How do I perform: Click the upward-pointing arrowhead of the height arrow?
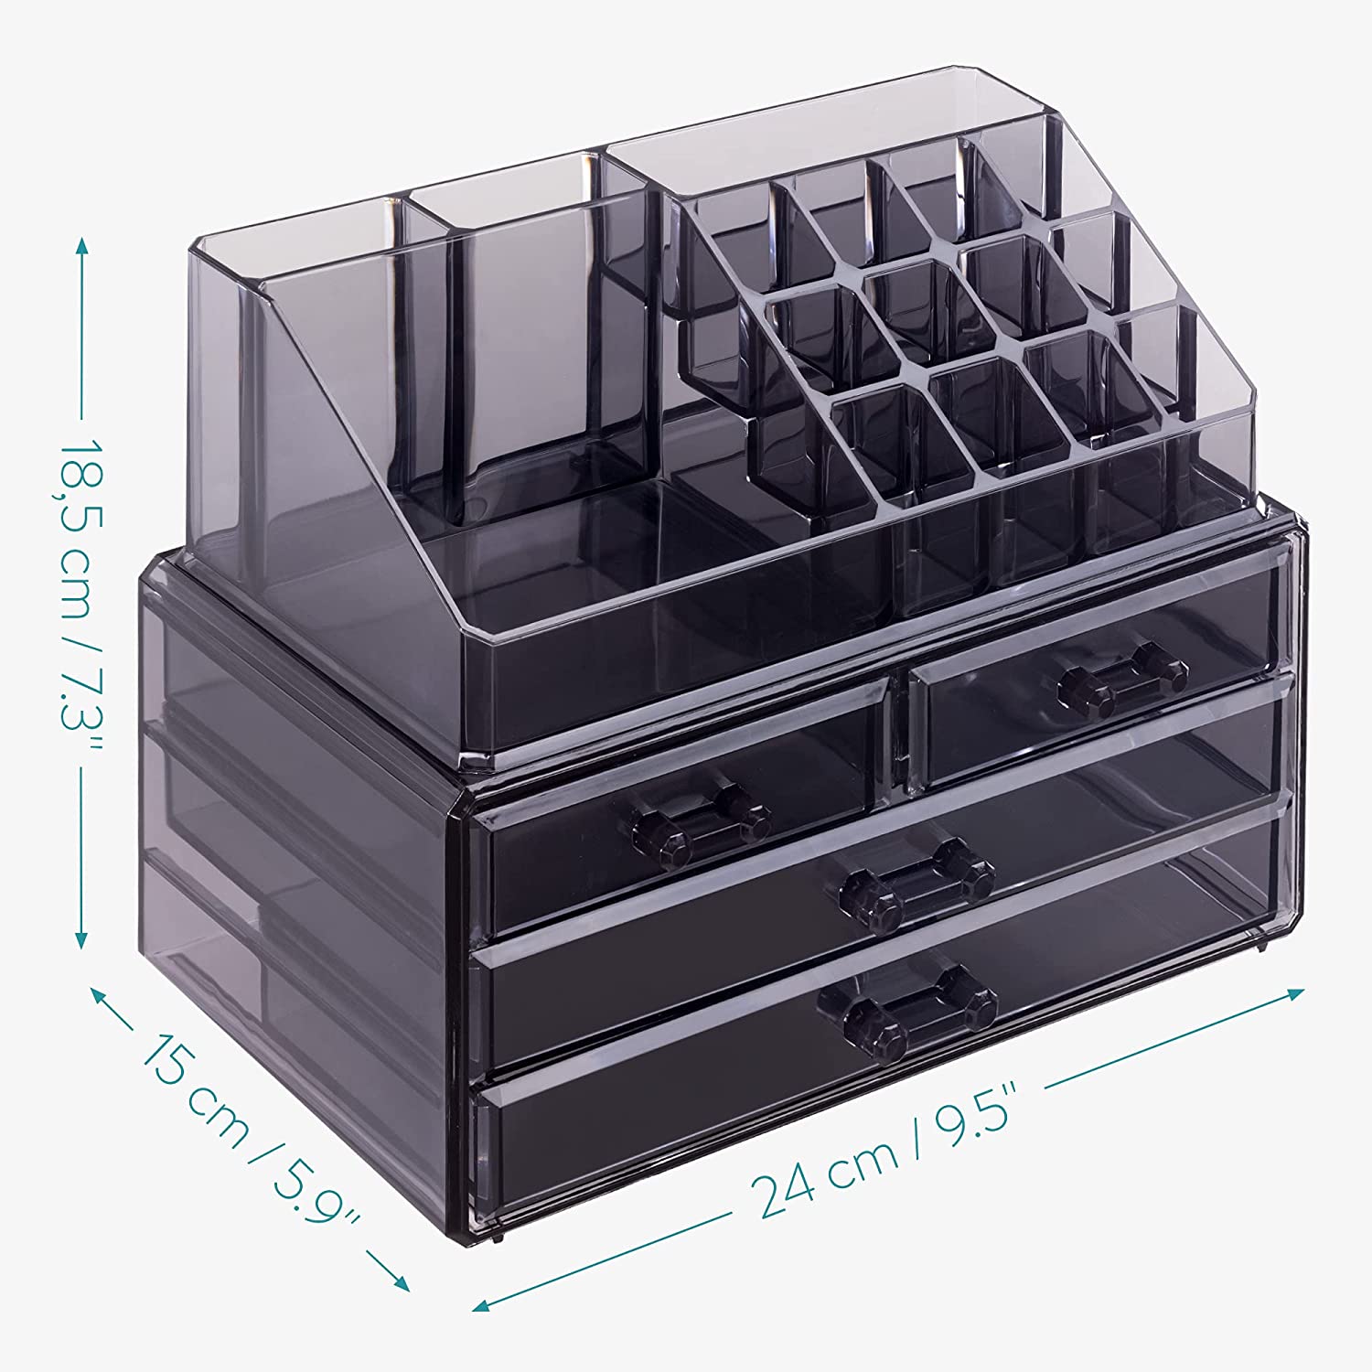(82, 245)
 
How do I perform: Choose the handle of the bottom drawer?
(919, 1015)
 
